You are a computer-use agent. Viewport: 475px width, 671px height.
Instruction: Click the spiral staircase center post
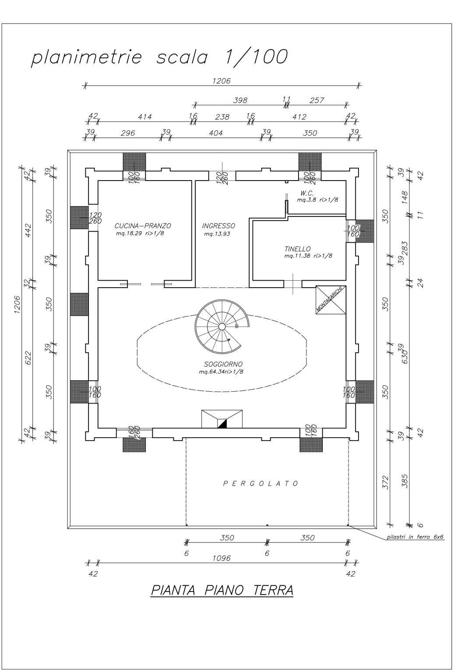pyautogui.click(x=222, y=327)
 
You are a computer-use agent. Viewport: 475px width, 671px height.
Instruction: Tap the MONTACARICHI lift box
pyautogui.click(x=331, y=300)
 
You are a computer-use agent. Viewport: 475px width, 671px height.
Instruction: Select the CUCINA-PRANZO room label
pyautogui.click(x=143, y=226)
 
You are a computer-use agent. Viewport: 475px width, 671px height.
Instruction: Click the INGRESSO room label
pyautogui.click(x=218, y=226)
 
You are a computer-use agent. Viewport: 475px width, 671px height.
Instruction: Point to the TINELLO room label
pyautogui.click(x=297, y=249)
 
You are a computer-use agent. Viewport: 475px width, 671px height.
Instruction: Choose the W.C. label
pyautogui.click(x=306, y=193)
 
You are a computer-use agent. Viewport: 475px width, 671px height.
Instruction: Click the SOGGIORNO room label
pyautogui.click(x=223, y=364)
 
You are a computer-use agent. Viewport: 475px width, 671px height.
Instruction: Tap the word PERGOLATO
pyautogui.click(x=261, y=483)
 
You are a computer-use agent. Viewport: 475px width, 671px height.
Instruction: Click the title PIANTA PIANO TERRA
pyautogui.click(x=222, y=590)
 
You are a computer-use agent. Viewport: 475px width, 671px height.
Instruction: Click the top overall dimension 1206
pyautogui.click(x=221, y=81)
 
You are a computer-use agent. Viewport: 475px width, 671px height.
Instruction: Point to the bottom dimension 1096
pyautogui.click(x=221, y=558)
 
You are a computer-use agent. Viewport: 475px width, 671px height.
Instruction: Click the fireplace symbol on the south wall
pyautogui.click(x=222, y=419)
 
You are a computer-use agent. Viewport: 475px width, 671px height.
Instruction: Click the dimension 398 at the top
pyautogui.click(x=239, y=101)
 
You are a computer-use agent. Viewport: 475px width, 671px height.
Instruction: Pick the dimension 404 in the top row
pyautogui.click(x=215, y=133)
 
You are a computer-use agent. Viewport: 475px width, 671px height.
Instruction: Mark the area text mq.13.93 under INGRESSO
pyautogui.click(x=217, y=234)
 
